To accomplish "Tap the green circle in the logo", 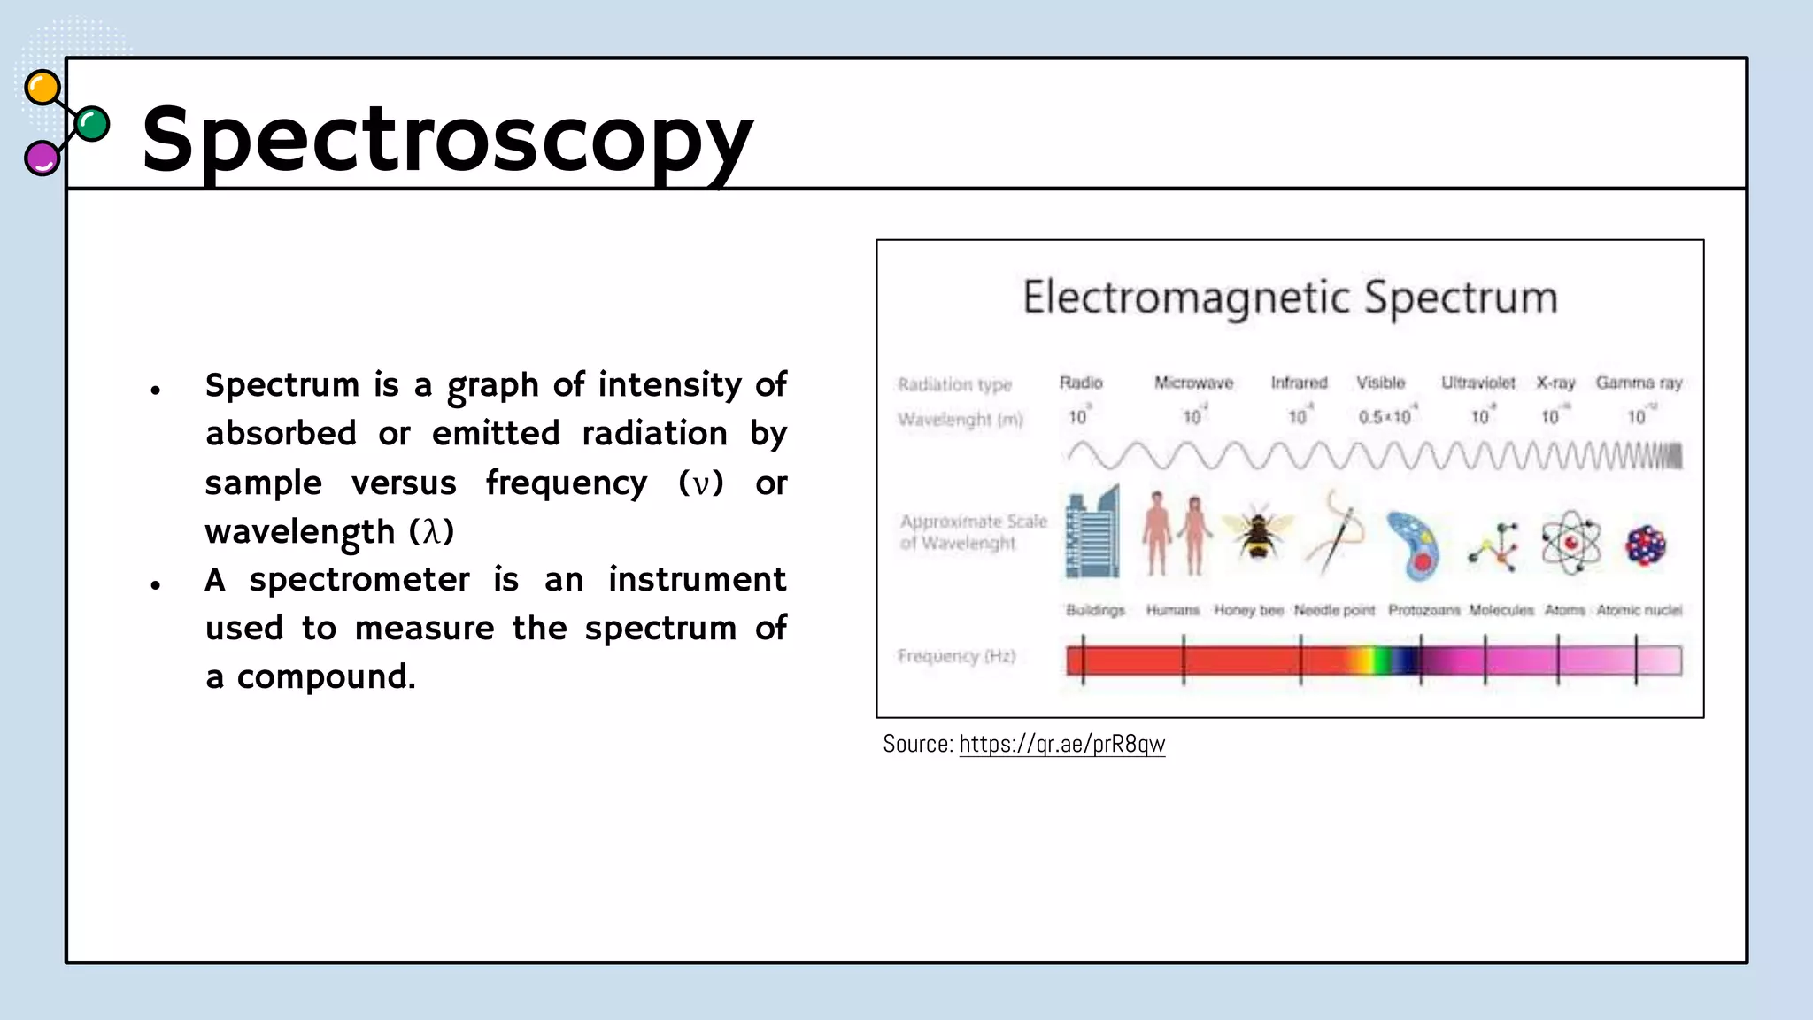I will point(92,124).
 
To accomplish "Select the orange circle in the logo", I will point(42,88).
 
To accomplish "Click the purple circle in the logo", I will point(41,158).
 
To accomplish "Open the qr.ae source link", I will point(1061,744).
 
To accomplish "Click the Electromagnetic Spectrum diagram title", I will point(1290,297).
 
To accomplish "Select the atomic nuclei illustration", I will point(1645,545).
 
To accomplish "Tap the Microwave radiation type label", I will point(1193,382).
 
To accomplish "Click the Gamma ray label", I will point(1639,382).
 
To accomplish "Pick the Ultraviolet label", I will point(1477,382).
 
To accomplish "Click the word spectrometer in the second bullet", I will point(359,580).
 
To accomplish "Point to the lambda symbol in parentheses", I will point(431,531).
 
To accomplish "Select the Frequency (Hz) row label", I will point(956,656).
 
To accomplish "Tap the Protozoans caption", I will point(1423,610).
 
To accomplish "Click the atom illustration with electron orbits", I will point(1570,542).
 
